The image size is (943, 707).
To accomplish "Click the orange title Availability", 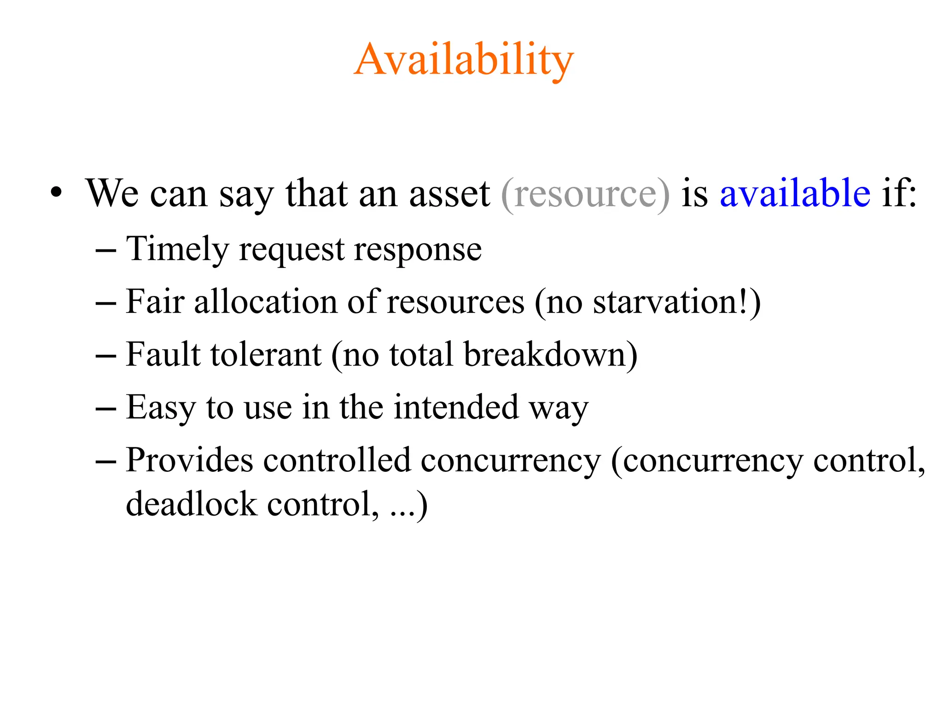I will pos(464,60).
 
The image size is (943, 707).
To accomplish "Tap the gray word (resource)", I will pos(585,194).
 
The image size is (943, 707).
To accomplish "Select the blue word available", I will pos(795,193).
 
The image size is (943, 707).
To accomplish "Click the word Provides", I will pos(189,460).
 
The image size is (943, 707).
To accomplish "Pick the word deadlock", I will pos(191,504).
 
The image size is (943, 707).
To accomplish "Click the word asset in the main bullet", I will pos(449,194).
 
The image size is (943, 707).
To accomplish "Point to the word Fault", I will pos(163,355).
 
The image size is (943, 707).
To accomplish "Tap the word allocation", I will pos(266,302).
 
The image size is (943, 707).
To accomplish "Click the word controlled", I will pos(337,460).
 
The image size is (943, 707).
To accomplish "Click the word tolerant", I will pos(266,355).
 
